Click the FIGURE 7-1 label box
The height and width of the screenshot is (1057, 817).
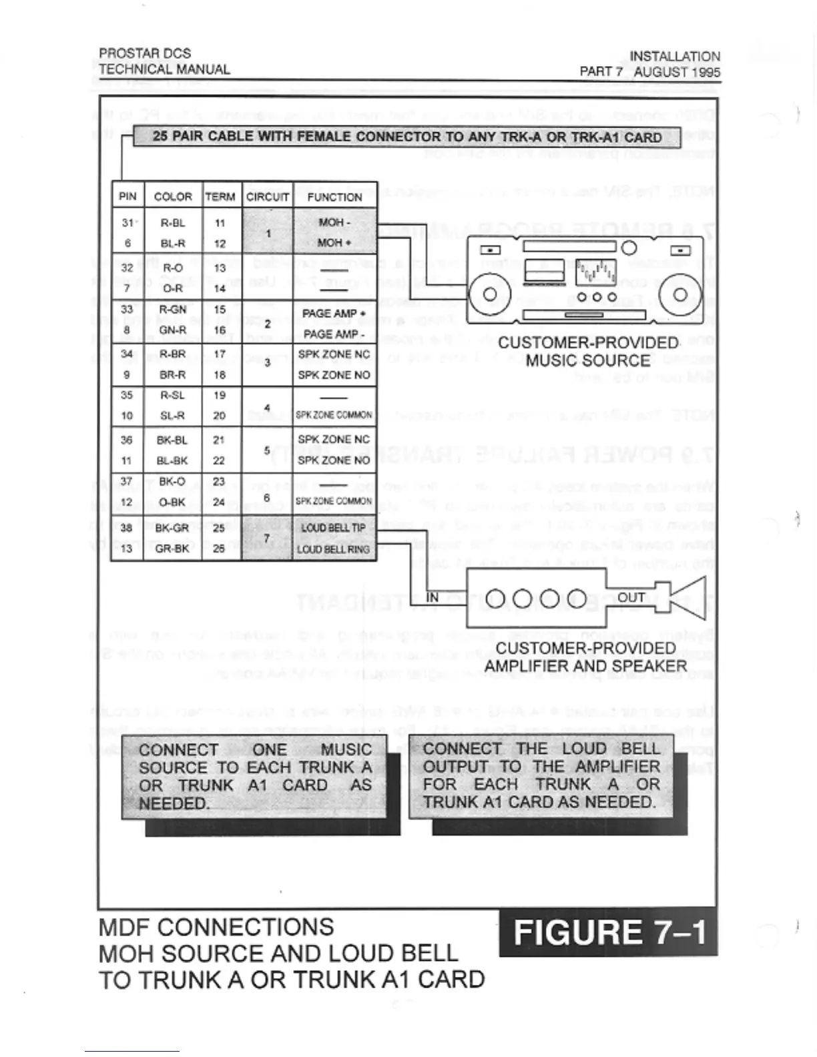point(608,932)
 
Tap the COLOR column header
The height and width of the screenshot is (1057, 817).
point(173,196)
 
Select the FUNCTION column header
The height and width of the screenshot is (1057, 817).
point(334,196)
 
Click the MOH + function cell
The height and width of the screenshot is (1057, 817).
point(334,243)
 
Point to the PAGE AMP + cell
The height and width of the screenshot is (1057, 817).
point(334,313)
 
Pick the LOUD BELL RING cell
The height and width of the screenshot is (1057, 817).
point(333,549)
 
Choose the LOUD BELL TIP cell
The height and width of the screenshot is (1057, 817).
point(333,528)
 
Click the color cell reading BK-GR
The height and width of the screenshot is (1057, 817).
point(172,528)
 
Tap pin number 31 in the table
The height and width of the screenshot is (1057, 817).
point(127,223)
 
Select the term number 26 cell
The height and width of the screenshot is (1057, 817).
point(220,549)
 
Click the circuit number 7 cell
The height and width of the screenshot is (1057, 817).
point(267,538)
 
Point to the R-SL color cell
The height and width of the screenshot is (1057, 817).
point(172,395)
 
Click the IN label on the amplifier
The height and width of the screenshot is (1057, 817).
point(433,597)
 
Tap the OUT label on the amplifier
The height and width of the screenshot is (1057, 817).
point(631,597)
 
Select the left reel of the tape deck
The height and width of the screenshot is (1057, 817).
point(489,294)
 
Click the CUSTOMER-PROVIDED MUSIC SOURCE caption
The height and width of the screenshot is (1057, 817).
point(588,352)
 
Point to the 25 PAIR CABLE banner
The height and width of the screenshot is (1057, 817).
point(407,137)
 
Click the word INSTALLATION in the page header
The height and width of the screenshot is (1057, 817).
point(675,57)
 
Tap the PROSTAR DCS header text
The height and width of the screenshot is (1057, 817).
point(145,53)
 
